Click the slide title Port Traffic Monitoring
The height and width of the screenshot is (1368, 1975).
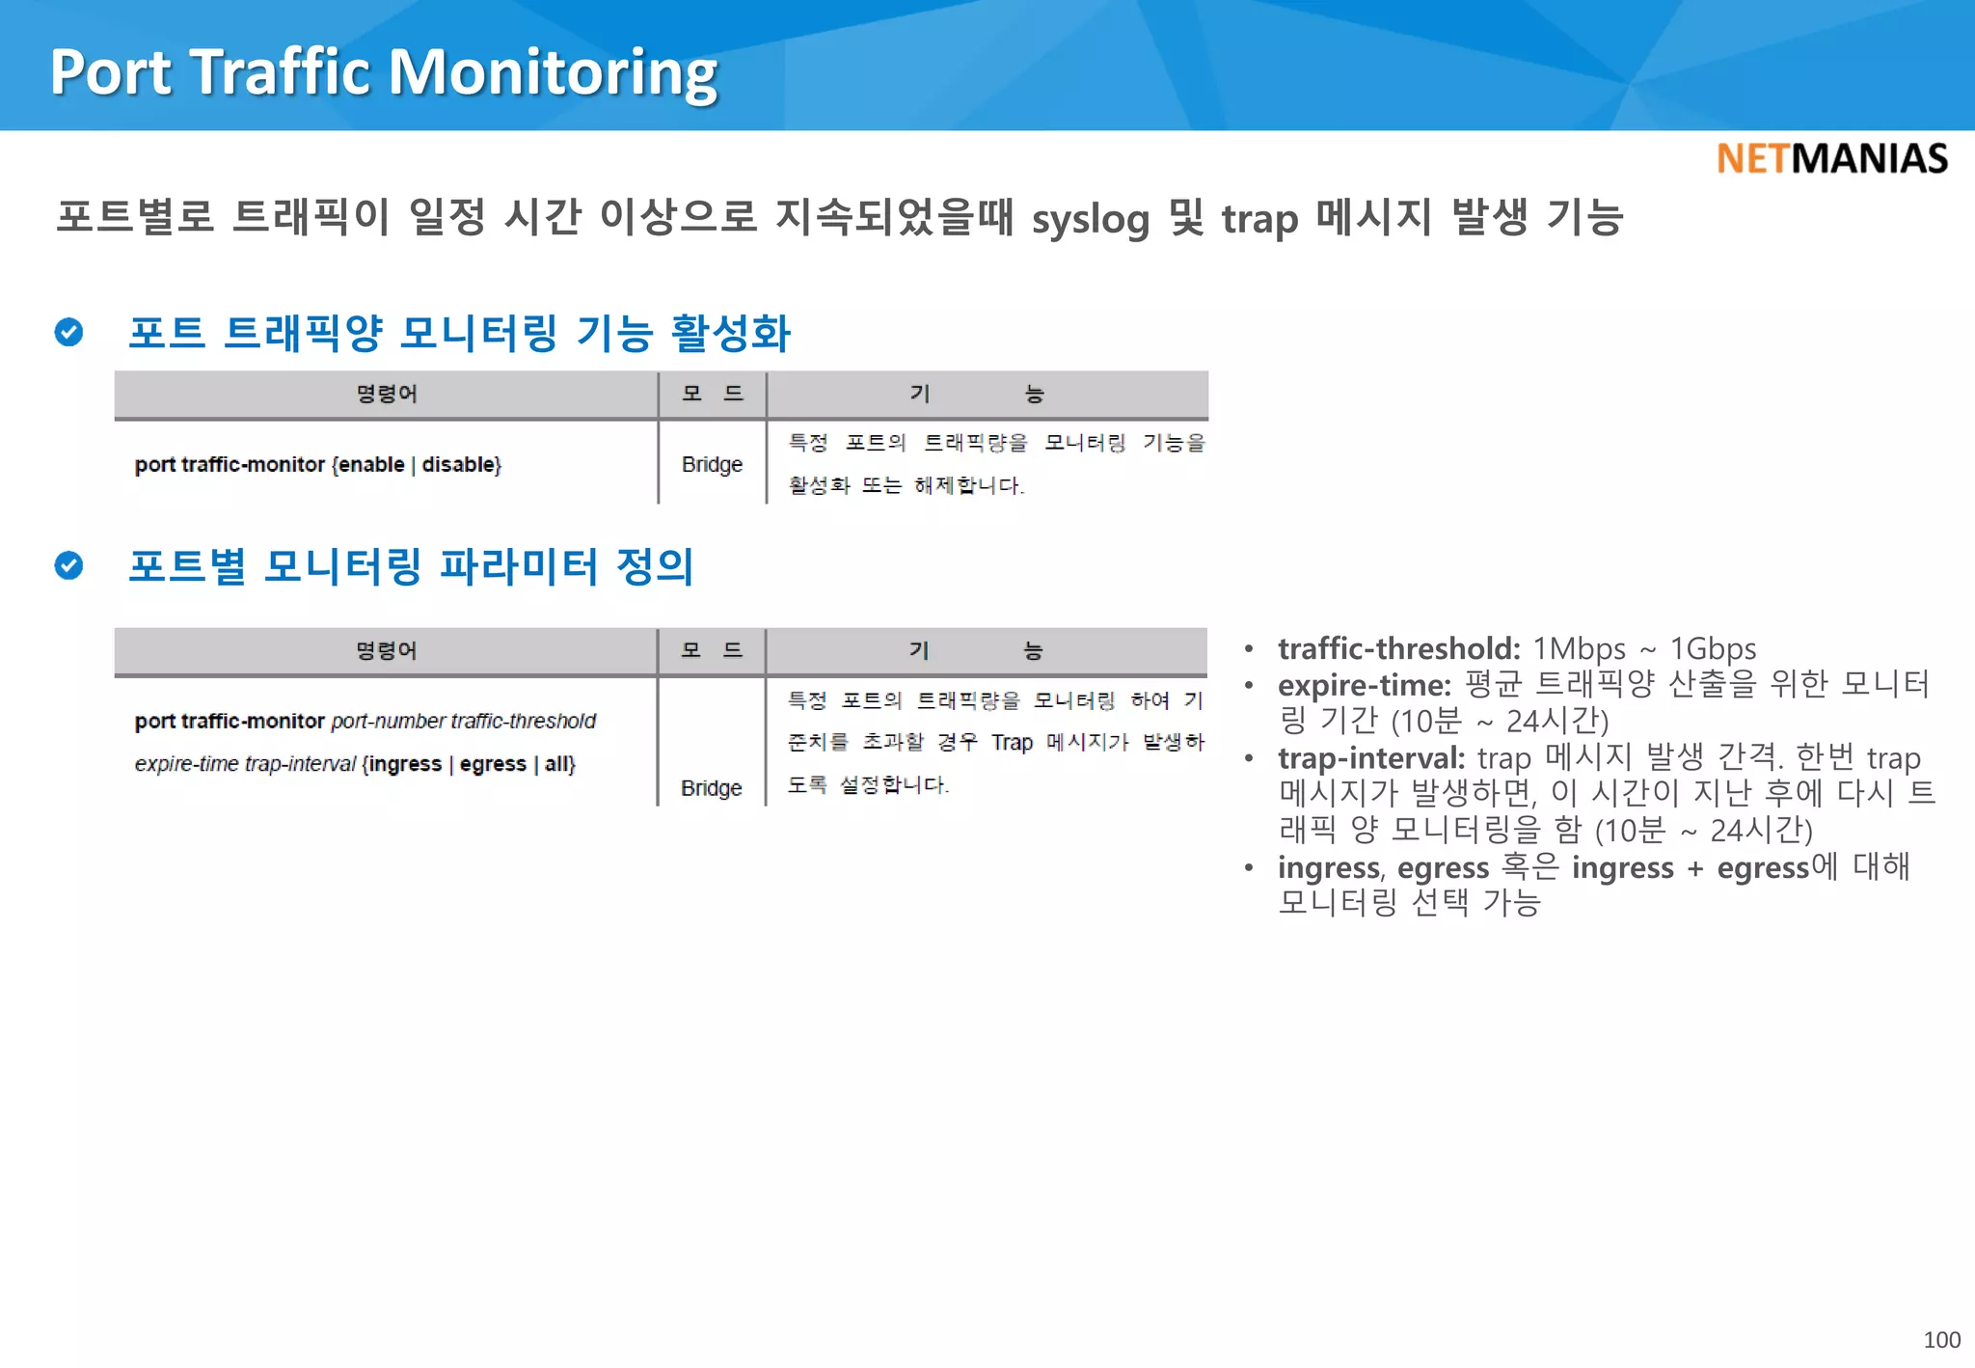(x=384, y=72)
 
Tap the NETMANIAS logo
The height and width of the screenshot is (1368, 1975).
(x=1831, y=159)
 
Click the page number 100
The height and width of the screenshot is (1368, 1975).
(x=1941, y=1340)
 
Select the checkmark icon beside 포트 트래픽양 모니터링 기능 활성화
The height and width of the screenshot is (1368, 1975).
(x=68, y=332)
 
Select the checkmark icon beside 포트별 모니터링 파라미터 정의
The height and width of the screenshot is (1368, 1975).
(x=68, y=565)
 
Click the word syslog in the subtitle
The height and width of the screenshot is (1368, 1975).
(x=1091, y=219)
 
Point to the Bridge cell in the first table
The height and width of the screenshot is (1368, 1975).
(x=712, y=464)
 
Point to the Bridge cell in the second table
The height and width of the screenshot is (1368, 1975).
(x=711, y=788)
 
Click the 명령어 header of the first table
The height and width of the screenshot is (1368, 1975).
(x=386, y=394)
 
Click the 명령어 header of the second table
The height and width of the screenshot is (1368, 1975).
(x=386, y=651)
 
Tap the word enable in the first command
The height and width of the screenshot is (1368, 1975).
(x=371, y=464)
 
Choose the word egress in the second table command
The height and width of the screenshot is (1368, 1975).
(x=493, y=764)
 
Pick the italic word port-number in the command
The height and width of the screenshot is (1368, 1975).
(x=388, y=721)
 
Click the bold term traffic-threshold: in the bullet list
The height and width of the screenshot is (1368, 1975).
(x=1398, y=648)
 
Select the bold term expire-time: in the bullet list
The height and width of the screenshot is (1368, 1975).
(x=1364, y=685)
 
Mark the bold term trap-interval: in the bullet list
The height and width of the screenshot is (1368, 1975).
(x=1370, y=758)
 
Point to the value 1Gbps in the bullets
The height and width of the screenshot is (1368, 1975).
(x=1713, y=648)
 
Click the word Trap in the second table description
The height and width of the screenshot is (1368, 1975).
(x=1012, y=742)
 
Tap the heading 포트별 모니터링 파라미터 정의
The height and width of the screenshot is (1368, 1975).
(x=411, y=566)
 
